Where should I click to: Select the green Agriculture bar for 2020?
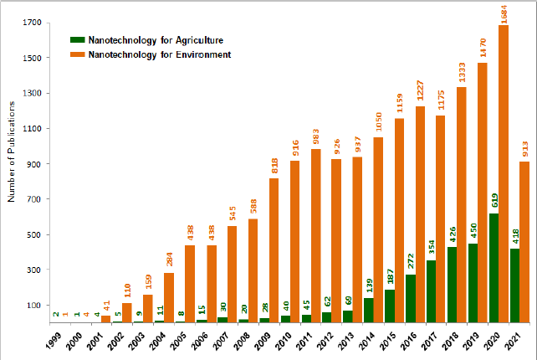pyautogui.click(x=494, y=268)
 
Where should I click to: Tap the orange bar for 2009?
pyautogui.click(x=274, y=250)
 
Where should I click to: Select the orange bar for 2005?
pyautogui.click(x=191, y=284)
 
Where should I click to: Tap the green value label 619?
pyautogui.click(x=494, y=199)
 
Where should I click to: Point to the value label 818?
pyautogui.click(x=274, y=164)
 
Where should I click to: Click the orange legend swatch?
pyautogui.click(x=77, y=54)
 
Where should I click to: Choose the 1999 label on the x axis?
pyautogui.click(x=52, y=341)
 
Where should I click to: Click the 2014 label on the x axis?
pyautogui.click(x=366, y=341)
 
